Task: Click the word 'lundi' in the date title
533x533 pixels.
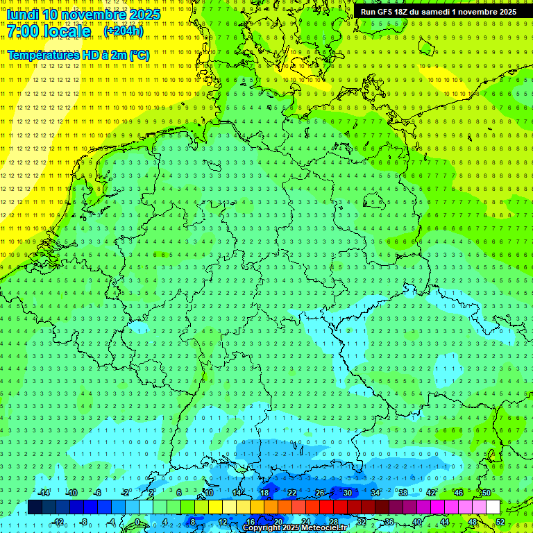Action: coord(23,15)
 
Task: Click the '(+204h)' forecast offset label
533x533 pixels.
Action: coord(124,31)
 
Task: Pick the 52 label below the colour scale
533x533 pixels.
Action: coord(500,522)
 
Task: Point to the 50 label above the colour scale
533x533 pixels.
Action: coord(487,493)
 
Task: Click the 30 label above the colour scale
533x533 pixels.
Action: coord(347,493)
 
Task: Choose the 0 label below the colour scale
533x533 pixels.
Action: coord(138,522)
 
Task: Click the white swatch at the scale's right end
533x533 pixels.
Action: coord(493,507)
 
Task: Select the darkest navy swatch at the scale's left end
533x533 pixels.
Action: coord(35,507)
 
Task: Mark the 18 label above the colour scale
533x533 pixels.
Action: coord(264,493)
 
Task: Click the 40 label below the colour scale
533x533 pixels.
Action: coord(417,522)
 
